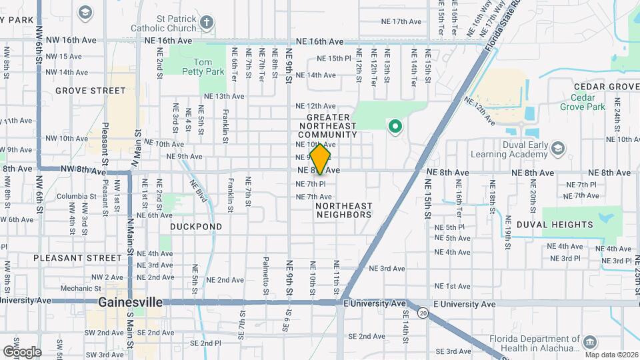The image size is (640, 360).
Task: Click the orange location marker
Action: pos(321,159)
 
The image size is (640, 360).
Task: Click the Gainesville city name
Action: pos(130,302)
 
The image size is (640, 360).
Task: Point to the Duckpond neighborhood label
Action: pos(196,227)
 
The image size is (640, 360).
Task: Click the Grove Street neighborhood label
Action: pos(91,91)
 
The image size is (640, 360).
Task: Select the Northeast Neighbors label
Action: pos(343,210)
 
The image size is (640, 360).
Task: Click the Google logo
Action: pos(22,351)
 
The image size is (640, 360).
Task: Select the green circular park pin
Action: pos(395,125)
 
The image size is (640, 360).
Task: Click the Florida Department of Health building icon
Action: pos(589,342)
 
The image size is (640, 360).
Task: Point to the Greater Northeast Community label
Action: pos(328,125)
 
